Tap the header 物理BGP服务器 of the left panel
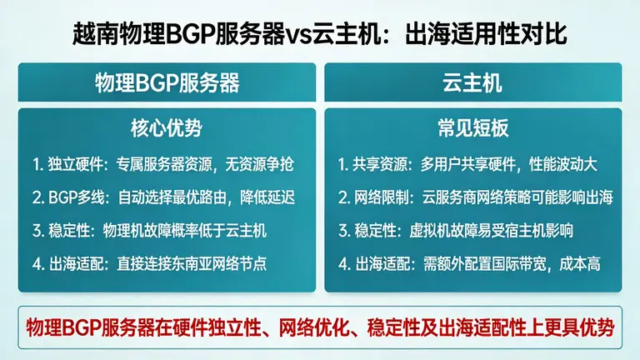167,83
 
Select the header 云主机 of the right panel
472,83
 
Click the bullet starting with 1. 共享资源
470,165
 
